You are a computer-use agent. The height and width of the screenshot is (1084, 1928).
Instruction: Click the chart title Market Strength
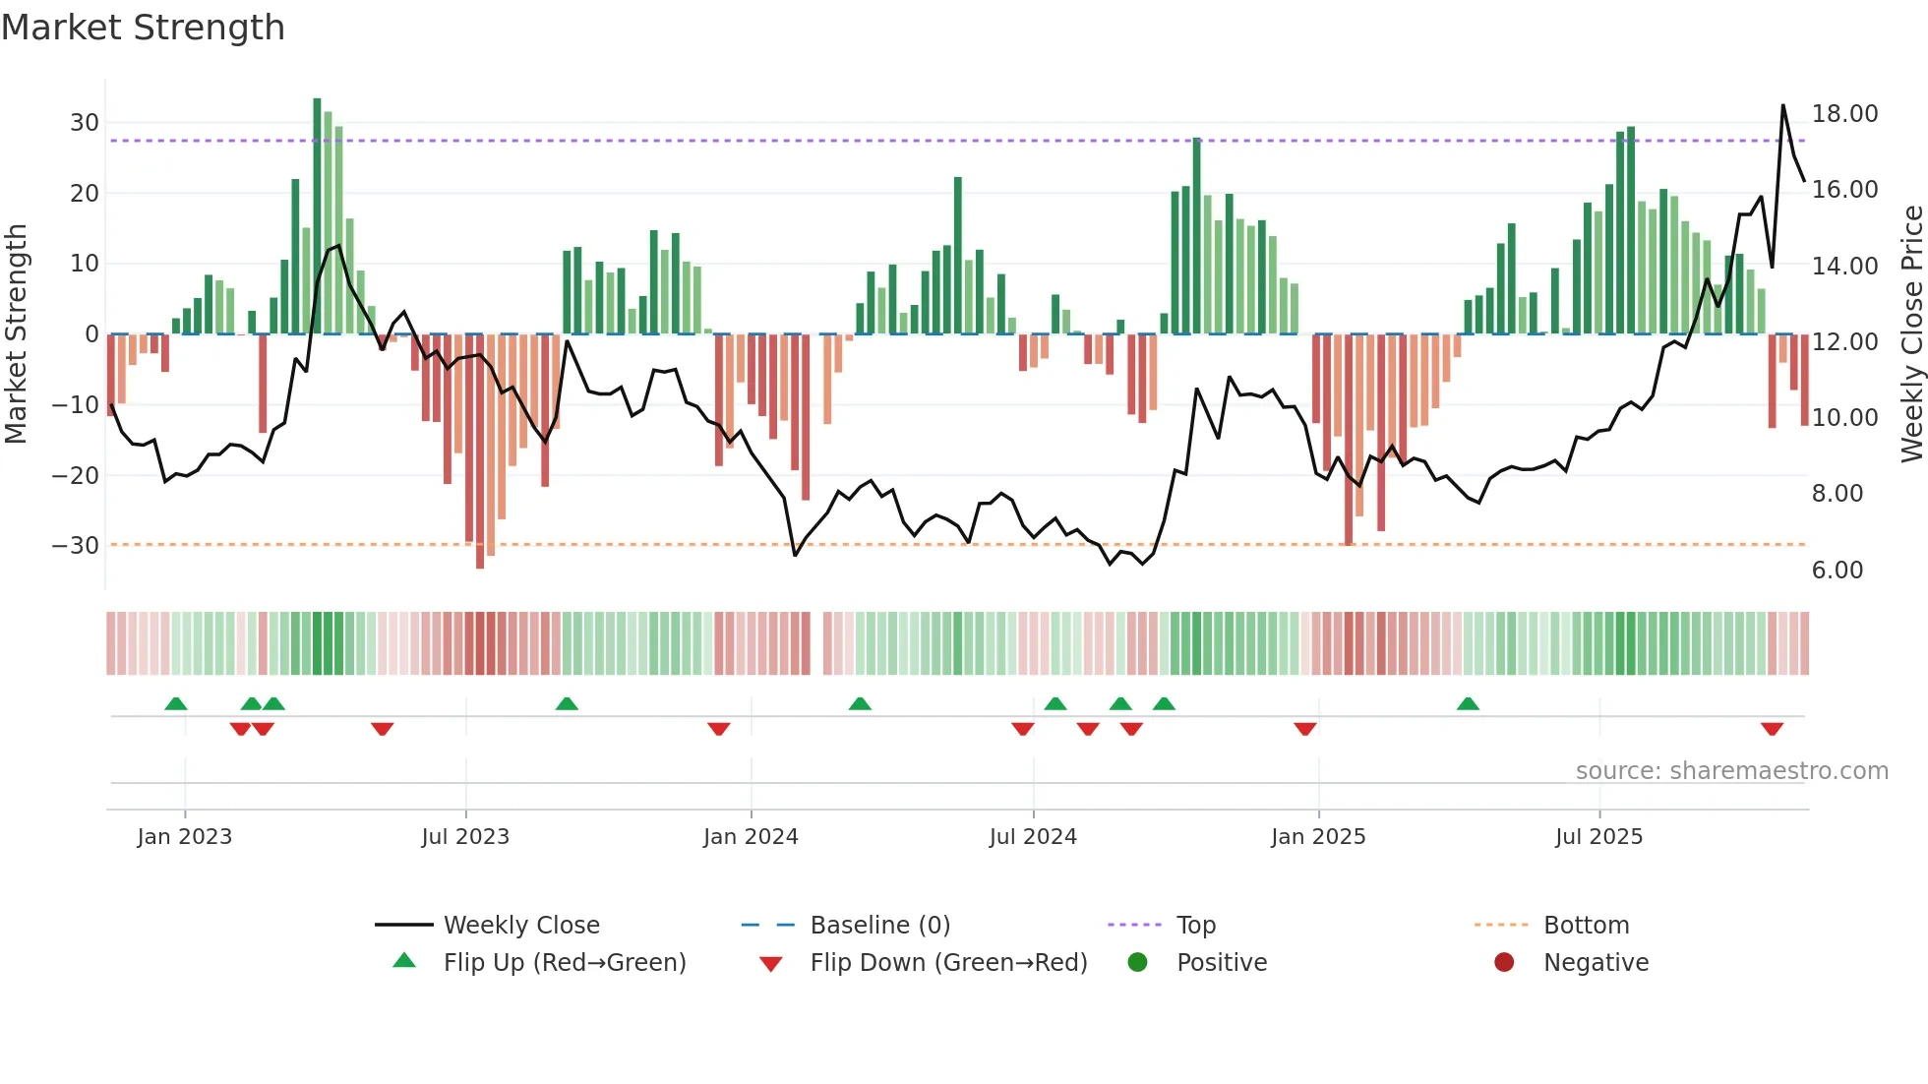coord(143,28)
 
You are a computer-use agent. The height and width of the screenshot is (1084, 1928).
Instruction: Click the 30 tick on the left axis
coord(85,123)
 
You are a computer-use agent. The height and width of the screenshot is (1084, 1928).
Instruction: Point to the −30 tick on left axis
coord(76,546)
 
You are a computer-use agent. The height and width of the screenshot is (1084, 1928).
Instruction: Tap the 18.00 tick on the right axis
coord(1844,114)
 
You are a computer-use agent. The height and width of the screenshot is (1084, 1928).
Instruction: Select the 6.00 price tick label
coord(1837,571)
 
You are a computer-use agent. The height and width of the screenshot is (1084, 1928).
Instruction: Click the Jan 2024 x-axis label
coord(751,837)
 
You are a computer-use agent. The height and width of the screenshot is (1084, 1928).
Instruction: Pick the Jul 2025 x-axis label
coord(1598,837)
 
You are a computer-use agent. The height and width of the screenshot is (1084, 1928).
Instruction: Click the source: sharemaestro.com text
coord(1731,771)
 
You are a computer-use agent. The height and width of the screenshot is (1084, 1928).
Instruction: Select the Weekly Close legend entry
coord(520,926)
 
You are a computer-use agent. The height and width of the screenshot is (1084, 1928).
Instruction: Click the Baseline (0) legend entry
coord(879,926)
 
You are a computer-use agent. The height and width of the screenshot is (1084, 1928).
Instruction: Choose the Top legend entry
coord(1195,926)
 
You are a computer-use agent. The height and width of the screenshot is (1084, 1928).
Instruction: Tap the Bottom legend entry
coord(1586,926)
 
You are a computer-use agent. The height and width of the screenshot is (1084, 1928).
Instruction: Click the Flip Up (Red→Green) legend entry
coord(564,963)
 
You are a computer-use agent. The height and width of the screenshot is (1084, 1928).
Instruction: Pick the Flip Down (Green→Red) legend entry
coord(948,963)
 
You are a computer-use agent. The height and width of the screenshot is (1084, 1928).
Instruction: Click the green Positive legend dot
coord(1138,963)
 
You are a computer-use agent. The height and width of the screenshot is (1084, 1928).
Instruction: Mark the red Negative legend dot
coord(1504,963)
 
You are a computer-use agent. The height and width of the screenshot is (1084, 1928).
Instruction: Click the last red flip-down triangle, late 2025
coord(1772,729)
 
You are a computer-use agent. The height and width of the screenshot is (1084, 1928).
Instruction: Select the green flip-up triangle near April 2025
coord(1468,704)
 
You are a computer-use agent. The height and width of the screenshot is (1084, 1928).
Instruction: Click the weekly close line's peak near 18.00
coord(1782,105)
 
